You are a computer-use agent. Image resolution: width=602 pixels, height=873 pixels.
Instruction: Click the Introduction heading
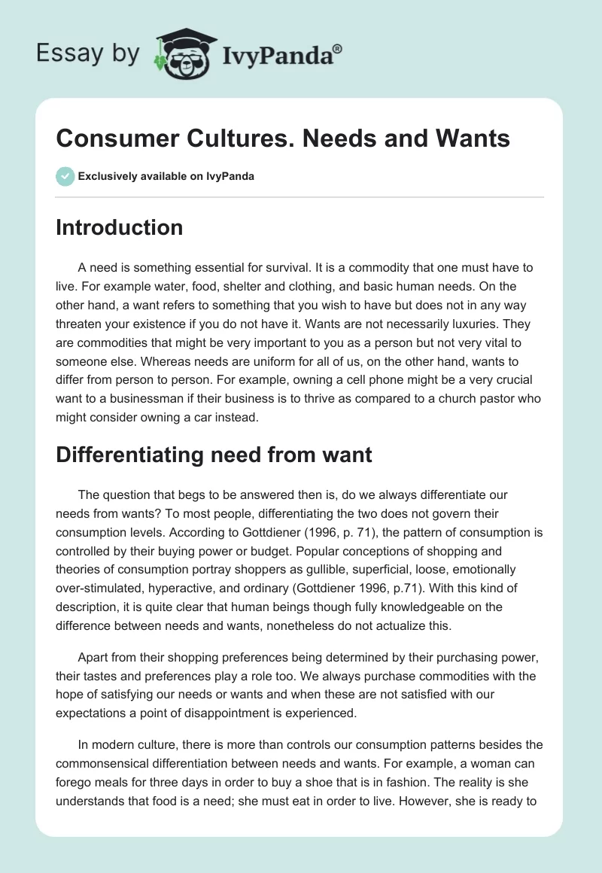[119, 227]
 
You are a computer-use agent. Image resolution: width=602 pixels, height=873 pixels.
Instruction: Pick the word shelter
[236, 287]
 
